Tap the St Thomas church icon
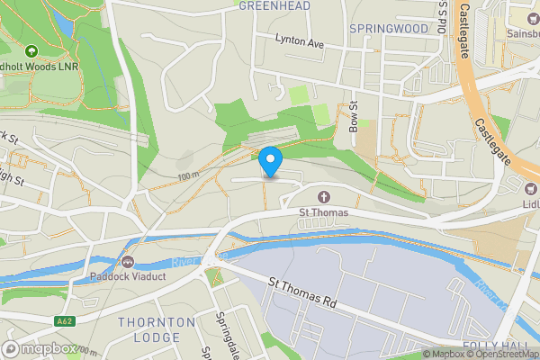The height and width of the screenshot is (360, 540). point(323,197)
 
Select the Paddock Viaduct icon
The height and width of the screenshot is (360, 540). point(128,262)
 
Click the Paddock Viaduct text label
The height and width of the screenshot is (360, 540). point(128,277)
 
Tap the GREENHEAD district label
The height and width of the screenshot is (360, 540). point(274,5)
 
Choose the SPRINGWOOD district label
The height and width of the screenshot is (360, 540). point(389,29)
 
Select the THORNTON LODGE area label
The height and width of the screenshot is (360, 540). point(156,329)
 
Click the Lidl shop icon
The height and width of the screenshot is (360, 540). point(531,189)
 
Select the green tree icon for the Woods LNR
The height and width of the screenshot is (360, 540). point(32,52)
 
